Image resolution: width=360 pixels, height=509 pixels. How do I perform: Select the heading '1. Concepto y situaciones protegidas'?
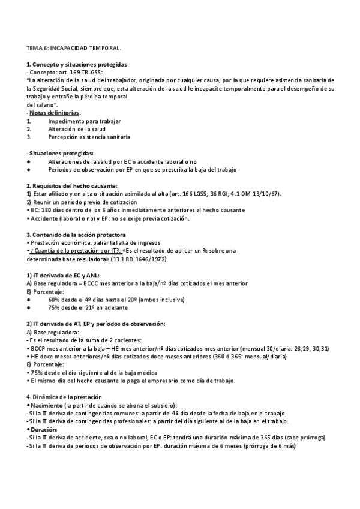tap(76, 64)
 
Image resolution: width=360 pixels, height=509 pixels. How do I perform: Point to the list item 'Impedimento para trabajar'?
tap(84, 121)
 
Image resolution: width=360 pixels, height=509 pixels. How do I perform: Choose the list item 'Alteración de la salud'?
tap(77, 129)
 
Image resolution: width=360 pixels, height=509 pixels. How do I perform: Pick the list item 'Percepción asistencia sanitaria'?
tap(89, 137)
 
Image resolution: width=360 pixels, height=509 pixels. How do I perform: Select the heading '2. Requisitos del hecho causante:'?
tap(72, 185)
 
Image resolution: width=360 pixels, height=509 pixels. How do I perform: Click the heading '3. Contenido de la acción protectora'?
tap(76, 234)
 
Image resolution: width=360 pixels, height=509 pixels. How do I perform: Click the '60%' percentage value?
tap(55, 300)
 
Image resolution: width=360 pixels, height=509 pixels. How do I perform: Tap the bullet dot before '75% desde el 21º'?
tap(29, 307)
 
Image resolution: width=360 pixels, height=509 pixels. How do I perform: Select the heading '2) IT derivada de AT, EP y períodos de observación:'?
tap(96, 324)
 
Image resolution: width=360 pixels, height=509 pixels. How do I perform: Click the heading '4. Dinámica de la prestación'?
tap(64, 397)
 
